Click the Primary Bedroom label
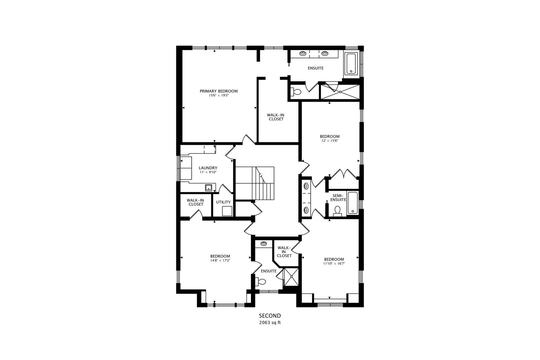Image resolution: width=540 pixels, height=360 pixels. [219, 91]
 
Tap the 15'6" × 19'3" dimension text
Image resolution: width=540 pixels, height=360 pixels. [219, 96]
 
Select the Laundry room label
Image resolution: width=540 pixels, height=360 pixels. [208, 168]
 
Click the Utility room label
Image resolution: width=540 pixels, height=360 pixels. [223, 202]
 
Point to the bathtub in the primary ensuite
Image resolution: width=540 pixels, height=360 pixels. [351, 63]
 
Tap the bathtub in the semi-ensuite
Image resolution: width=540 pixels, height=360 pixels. [352, 203]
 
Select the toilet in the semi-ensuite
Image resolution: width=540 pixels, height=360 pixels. [337, 211]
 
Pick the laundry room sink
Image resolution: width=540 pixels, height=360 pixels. [209, 187]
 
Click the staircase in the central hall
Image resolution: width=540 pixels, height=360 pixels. [255, 183]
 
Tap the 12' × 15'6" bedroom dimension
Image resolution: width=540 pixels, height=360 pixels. [330, 141]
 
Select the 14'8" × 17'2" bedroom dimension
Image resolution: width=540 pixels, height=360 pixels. [220, 261]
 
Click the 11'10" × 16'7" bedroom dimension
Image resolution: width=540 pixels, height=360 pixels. [334, 264]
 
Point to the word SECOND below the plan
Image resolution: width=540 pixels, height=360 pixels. [270, 316]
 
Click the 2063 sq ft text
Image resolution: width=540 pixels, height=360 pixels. [270, 323]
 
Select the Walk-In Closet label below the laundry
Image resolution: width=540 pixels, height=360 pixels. [196, 202]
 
